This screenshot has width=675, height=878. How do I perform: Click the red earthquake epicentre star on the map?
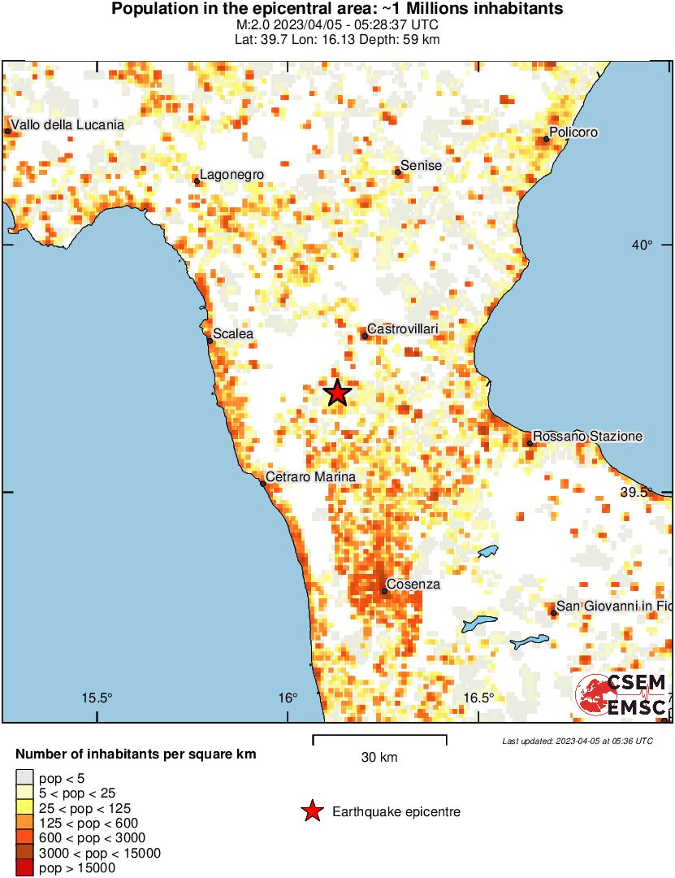tap(338, 393)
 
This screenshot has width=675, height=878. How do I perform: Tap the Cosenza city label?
tap(413, 584)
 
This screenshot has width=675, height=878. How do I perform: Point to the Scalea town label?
tap(233, 333)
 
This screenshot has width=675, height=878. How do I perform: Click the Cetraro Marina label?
tap(311, 477)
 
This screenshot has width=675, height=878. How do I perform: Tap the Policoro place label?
tap(573, 132)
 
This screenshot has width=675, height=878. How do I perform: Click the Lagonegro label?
tap(231, 175)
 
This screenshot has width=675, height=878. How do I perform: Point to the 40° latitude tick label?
tap(643, 246)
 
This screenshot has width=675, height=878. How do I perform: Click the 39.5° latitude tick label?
tap(637, 492)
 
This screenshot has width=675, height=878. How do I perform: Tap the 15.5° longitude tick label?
tap(97, 698)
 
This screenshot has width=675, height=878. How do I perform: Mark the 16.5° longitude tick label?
tap(479, 698)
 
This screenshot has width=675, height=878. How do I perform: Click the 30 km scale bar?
tap(379, 740)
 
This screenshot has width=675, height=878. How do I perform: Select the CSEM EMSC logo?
tap(621, 695)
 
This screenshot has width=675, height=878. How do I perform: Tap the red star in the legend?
tap(310, 811)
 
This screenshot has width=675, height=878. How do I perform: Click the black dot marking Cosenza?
tap(384, 591)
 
